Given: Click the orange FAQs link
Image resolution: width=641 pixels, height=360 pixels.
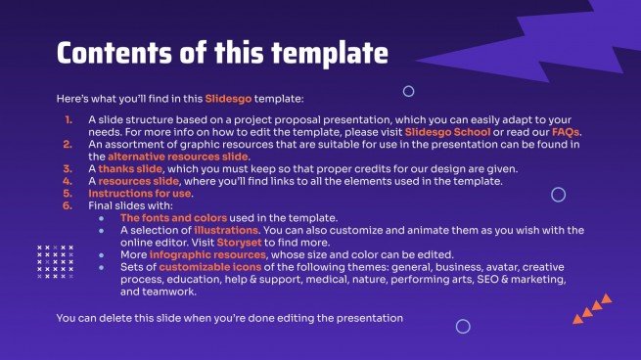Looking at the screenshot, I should pyautogui.click(x=565, y=132).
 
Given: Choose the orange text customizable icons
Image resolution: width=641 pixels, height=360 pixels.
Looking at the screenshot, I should pyautogui.click(x=206, y=266).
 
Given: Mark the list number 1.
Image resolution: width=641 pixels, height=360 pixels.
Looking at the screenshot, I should pyautogui.click(x=68, y=119).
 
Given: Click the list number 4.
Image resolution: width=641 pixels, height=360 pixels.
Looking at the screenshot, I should pyautogui.click(x=68, y=181).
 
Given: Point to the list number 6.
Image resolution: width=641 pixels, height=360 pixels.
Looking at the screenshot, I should pyautogui.click(x=68, y=204).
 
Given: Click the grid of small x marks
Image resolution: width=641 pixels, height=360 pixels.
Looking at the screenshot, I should pyautogui.click(x=54, y=261).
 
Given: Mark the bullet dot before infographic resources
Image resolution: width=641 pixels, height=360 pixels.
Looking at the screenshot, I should pyautogui.click(x=102, y=253).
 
